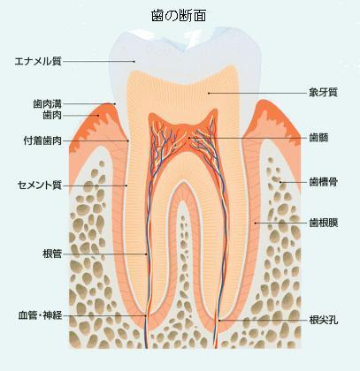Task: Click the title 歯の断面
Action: [179, 16]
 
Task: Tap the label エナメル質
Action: [38, 61]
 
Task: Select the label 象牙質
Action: [323, 93]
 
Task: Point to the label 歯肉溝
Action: [47, 104]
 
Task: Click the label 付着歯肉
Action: [42, 140]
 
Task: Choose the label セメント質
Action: [40, 185]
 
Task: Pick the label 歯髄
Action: [318, 138]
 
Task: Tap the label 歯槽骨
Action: [323, 182]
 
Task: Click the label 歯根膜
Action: [323, 223]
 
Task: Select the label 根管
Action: [52, 254]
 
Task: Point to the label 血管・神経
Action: [40, 315]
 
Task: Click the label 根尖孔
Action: [323, 320]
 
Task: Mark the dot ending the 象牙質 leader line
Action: [209, 93]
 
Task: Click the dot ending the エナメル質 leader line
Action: [134, 61]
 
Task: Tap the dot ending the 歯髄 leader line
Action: [189, 138]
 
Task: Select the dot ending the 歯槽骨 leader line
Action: [280, 182]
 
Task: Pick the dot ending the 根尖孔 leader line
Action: [219, 320]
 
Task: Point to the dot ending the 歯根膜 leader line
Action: [256, 223]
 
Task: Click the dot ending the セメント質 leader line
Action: [126, 185]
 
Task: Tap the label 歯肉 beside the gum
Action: [52, 115]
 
